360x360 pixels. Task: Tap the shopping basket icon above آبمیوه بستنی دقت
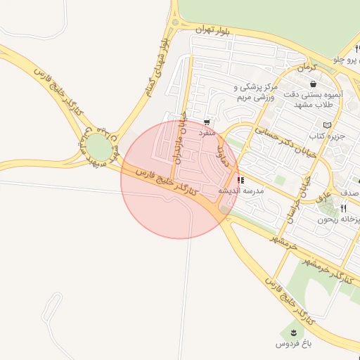click(313, 84)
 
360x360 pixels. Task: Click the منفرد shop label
click(205, 132)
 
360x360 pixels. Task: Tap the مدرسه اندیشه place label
click(240, 191)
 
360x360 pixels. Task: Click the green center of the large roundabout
click(98, 148)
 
